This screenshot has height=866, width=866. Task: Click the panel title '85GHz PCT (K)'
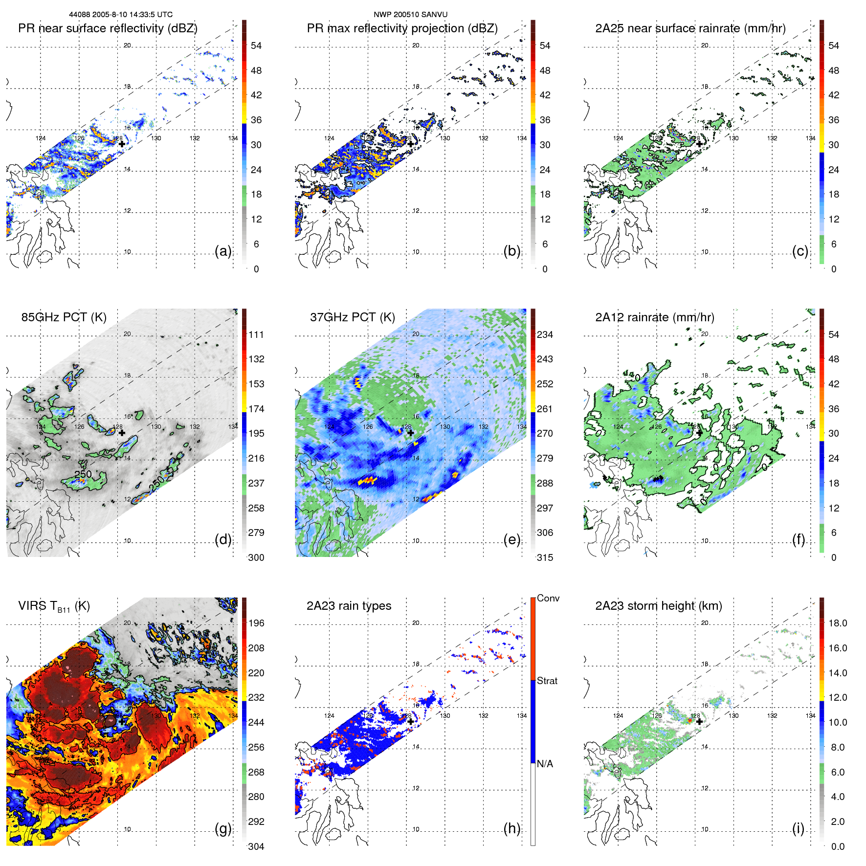tap(64, 317)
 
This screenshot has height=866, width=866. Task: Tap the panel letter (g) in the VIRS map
tap(223, 828)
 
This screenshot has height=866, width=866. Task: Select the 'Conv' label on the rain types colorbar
tap(548, 598)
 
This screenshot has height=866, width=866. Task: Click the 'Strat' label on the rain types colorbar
tap(547, 681)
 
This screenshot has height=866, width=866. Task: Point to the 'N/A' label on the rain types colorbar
tap(545, 764)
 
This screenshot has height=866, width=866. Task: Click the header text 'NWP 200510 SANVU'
tap(410, 15)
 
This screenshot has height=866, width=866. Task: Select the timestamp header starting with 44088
tap(120, 15)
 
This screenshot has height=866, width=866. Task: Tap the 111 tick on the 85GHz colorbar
tap(256, 334)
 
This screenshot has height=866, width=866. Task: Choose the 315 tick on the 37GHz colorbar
tap(545, 557)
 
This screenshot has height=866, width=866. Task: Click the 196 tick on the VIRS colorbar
tap(256, 623)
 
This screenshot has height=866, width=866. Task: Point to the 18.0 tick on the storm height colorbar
tap(837, 623)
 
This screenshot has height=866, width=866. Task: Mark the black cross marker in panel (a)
tap(122, 144)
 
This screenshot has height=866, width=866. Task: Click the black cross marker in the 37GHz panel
tap(410, 433)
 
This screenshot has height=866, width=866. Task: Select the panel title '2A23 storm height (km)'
tap(658, 606)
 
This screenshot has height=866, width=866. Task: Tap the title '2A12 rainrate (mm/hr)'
tap(654, 317)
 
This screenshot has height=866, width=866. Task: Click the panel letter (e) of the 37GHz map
tap(511, 539)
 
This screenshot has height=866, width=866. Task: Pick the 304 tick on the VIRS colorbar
tap(256, 846)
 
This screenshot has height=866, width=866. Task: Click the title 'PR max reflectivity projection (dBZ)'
tap(402, 28)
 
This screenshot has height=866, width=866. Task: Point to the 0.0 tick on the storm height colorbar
tap(837, 846)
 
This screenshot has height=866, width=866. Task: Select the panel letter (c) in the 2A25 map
tap(800, 251)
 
